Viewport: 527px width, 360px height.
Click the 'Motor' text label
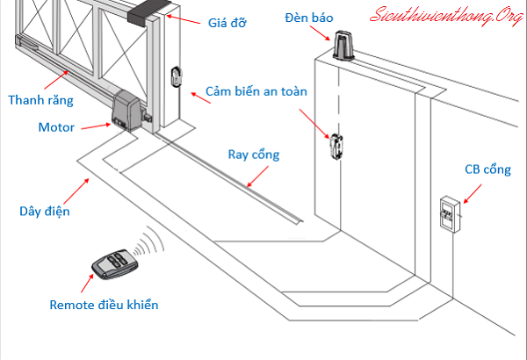pos(56,127)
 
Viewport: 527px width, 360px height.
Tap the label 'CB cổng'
pos(485,169)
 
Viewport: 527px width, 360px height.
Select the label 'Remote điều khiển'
pos(105,305)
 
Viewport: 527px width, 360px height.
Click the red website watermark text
pos(444,15)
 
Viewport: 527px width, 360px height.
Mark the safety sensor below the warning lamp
pos(336,146)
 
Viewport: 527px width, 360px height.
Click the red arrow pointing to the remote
pos(88,284)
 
